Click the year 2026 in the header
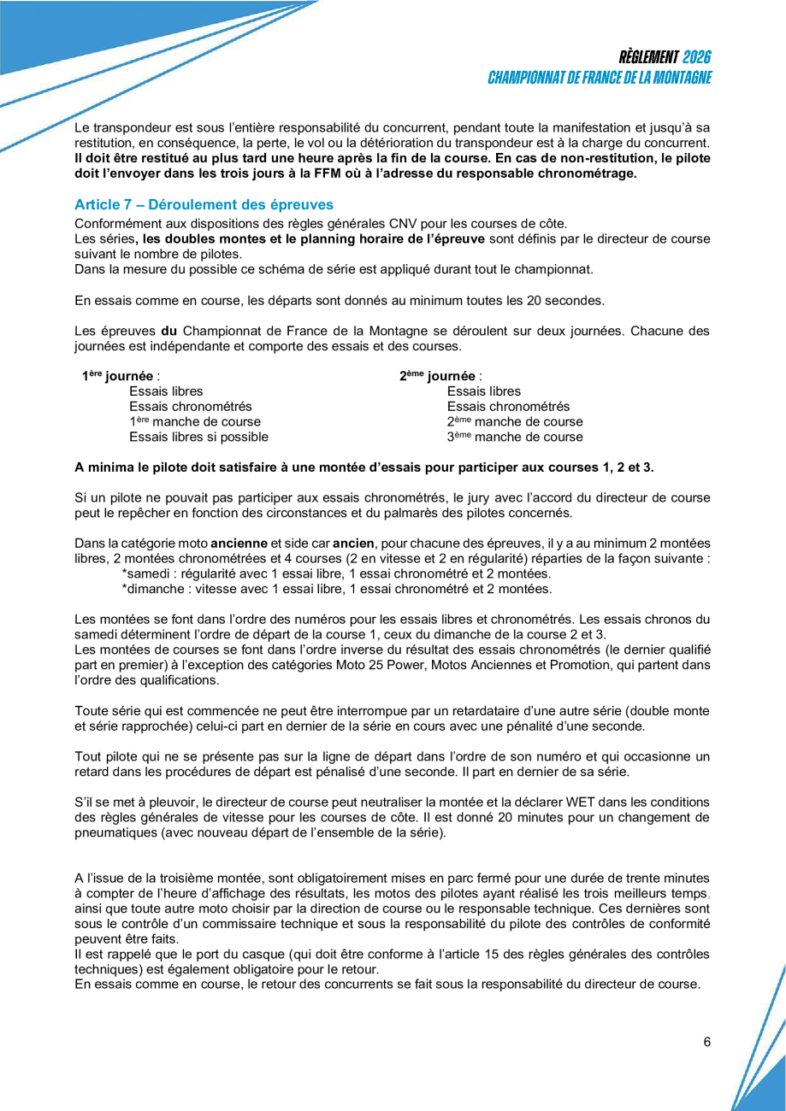696,58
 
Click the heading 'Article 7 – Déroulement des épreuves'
204,205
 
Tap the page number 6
707,1042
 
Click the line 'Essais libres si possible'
198,438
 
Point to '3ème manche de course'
515,438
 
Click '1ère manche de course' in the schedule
195,422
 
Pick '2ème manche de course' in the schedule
515,422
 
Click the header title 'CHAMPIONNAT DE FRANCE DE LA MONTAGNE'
600,78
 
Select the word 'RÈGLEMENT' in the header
647,58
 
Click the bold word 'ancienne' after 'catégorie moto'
239,543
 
